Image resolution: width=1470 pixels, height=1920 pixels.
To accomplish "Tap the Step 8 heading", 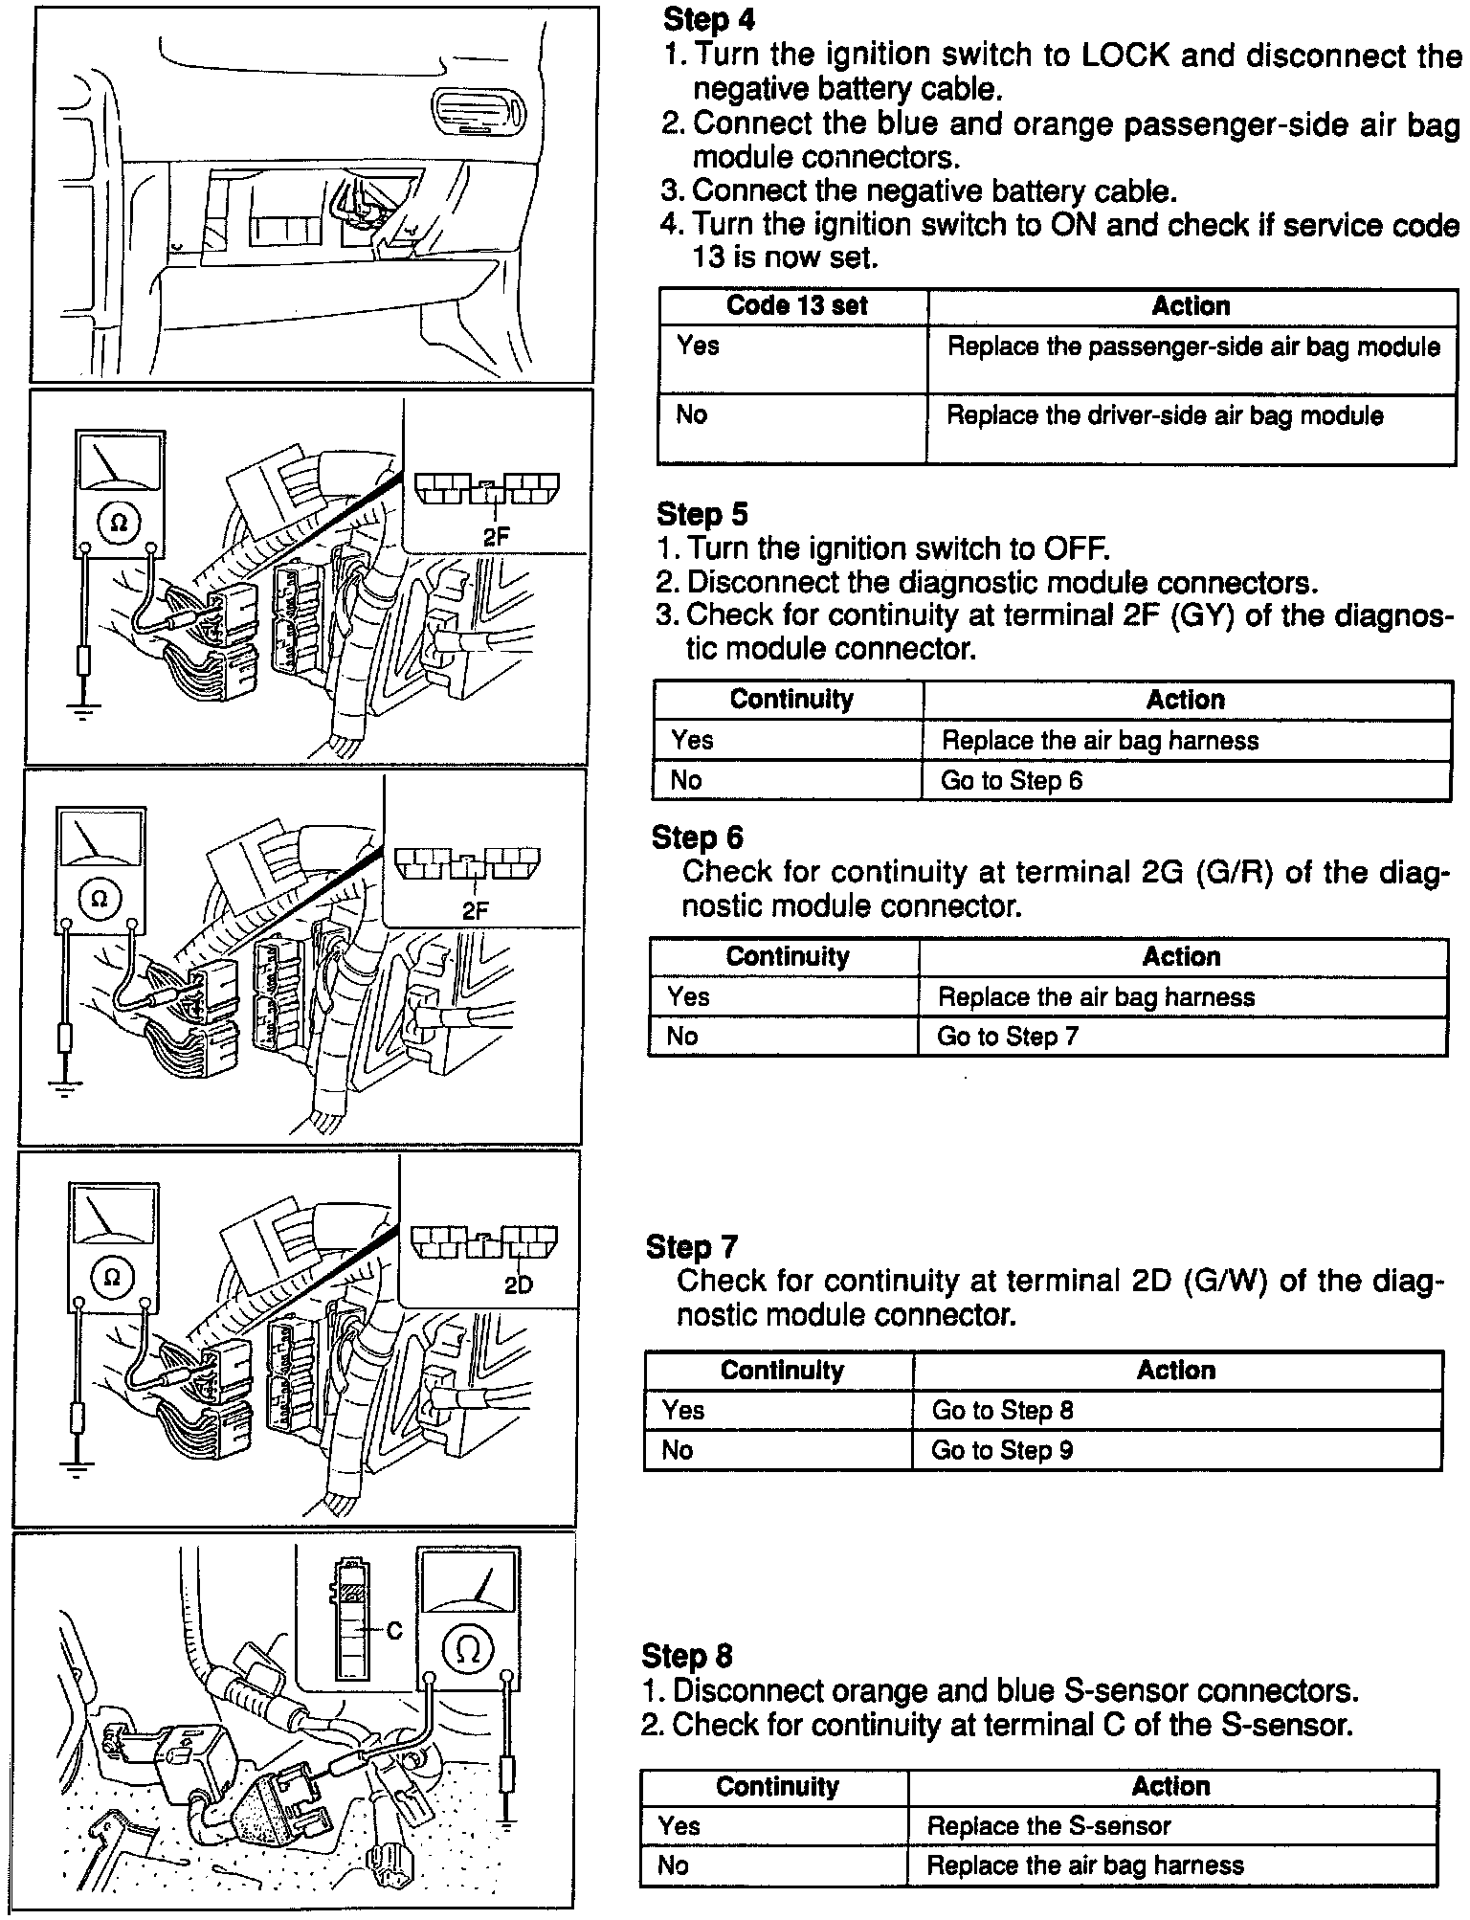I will tap(687, 1656).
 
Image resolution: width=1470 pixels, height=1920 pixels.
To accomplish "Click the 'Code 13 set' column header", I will tap(796, 306).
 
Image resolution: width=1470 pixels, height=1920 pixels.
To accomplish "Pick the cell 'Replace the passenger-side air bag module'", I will tap(1192, 346).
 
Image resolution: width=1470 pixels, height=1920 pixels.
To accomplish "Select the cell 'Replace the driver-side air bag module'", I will tap(1165, 415).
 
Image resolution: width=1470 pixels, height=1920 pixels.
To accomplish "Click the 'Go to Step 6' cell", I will tap(1012, 781).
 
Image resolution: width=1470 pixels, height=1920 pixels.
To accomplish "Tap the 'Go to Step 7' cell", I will tap(1007, 1037).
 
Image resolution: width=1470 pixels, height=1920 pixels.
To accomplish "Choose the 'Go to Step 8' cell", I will tap(1002, 1410).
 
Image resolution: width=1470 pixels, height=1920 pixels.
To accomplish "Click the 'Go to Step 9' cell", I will tap(1002, 1450).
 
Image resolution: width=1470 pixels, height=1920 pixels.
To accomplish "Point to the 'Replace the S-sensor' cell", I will tap(1048, 1826).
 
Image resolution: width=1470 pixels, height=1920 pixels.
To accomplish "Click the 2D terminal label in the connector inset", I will tap(518, 1285).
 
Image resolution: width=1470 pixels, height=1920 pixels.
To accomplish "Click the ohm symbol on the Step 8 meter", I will tap(468, 1647).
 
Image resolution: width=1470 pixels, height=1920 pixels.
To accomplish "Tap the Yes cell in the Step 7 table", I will tap(683, 1410).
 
